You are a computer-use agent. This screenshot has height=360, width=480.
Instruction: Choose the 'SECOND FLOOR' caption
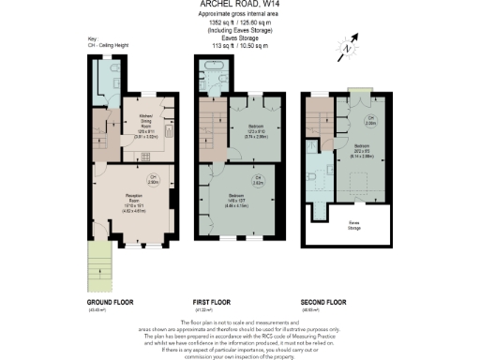(323, 303)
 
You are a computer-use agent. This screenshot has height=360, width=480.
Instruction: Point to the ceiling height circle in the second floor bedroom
(370, 121)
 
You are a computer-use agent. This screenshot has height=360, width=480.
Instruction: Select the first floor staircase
(213, 122)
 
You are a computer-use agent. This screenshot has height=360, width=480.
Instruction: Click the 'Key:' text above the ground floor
(92, 64)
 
